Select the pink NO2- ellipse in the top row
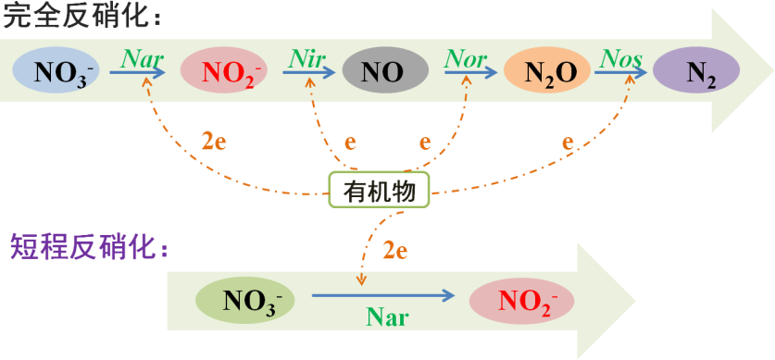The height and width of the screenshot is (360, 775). click(x=221, y=71)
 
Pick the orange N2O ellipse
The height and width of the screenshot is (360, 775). click(x=547, y=71)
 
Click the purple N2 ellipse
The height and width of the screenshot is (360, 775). click(x=697, y=72)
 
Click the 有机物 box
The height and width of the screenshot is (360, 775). click(x=379, y=191)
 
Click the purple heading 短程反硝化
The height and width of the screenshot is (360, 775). click(x=88, y=247)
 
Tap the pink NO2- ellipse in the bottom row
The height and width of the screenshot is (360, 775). click(x=522, y=301)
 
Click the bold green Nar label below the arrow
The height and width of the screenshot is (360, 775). click(x=386, y=317)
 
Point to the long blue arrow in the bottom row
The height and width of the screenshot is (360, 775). click(x=383, y=296)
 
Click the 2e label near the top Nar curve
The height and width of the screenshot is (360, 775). click(x=214, y=143)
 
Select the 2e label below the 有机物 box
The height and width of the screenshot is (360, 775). click(x=395, y=248)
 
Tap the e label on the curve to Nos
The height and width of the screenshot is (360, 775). click(x=568, y=143)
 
